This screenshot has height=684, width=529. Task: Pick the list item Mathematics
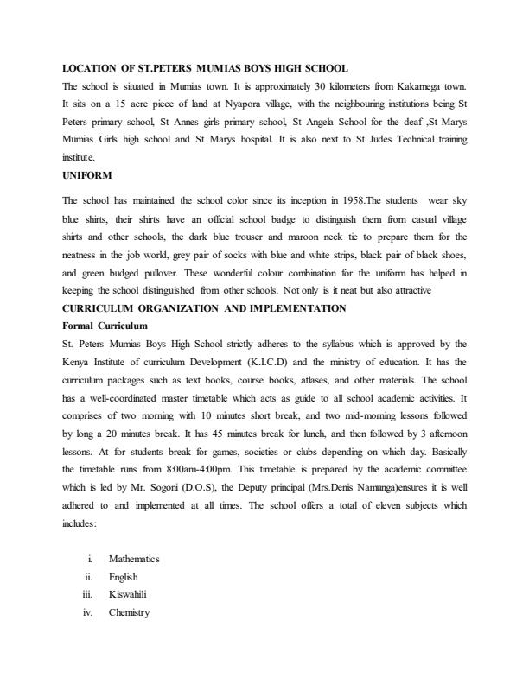click(x=134, y=559)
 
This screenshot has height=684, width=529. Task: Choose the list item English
click(x=123, y=577)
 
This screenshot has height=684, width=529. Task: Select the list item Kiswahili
click(x=128, y=594)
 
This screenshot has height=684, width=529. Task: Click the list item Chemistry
click(x=129, y=612)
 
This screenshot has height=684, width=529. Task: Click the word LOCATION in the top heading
click(x=93, y=67)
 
